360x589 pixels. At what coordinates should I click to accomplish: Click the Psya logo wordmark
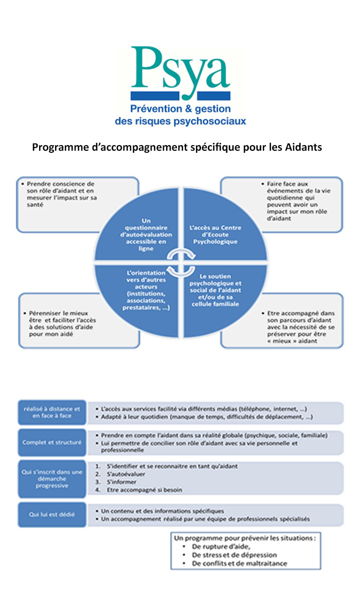(180, 69)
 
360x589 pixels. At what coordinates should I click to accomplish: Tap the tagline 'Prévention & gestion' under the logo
(180, 109)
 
